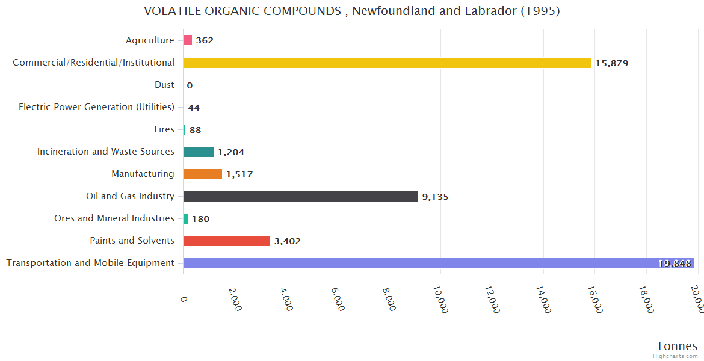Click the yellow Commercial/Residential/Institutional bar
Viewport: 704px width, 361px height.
coord(387,63)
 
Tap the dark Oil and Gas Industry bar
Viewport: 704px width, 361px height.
coord(300,196)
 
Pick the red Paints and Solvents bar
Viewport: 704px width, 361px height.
coord(226,241)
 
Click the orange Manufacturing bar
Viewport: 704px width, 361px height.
coord(202,174)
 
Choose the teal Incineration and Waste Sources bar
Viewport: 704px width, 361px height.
coord(198,152)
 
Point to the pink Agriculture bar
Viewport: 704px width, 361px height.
coord(187,40)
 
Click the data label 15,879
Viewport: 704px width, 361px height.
coord(612,63)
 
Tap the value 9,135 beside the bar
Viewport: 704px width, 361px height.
coord(435,197)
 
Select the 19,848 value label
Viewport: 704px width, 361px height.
coord(675,264)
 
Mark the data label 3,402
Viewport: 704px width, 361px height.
coord(287,241)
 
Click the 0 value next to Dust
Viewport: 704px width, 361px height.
coord(190,85)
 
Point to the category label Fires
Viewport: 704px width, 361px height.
coord(164,129)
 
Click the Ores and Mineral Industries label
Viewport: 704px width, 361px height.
coord(114,218)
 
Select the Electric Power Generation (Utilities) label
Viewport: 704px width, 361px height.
coord(96,107)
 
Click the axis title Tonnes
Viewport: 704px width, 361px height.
coord(677,346)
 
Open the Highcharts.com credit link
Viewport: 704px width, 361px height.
coord(676,356)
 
